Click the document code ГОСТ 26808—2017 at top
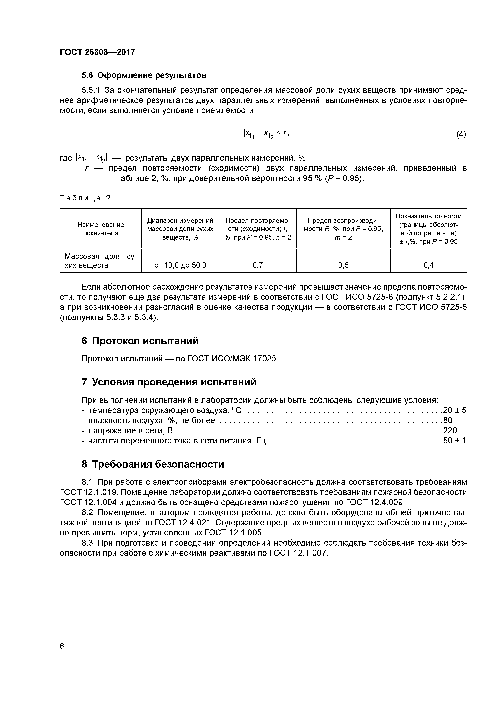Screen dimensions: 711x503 (x=97, y=52)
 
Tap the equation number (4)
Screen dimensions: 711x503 (x=461, y=134)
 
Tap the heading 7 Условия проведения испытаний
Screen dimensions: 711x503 (x=169, y=382)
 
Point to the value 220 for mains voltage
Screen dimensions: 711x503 (x=450, y=430)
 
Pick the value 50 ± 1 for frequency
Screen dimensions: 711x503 (x=455, y=441)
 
